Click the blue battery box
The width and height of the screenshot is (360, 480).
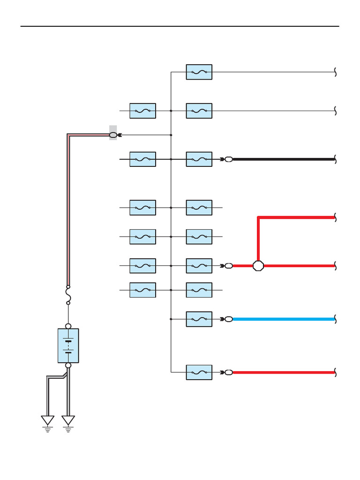68,345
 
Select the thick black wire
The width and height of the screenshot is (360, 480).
284,159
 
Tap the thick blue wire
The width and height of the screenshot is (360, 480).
284,319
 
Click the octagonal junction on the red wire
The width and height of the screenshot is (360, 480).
258,266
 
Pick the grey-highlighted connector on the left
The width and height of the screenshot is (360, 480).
113,135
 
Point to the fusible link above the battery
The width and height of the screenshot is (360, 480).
68,295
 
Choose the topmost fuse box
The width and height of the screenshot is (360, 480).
199,72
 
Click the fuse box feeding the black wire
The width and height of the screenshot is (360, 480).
199,159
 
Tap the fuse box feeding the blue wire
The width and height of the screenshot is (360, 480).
199,319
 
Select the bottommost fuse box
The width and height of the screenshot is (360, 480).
199,373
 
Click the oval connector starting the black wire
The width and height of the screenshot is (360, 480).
229,159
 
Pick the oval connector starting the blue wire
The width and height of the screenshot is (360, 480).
229,319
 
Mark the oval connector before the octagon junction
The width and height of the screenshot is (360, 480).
229,266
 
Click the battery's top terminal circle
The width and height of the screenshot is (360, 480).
68,326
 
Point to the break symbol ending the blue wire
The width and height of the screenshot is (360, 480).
336,319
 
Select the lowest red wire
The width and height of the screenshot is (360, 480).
284,373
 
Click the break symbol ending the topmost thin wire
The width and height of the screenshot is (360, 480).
336,72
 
